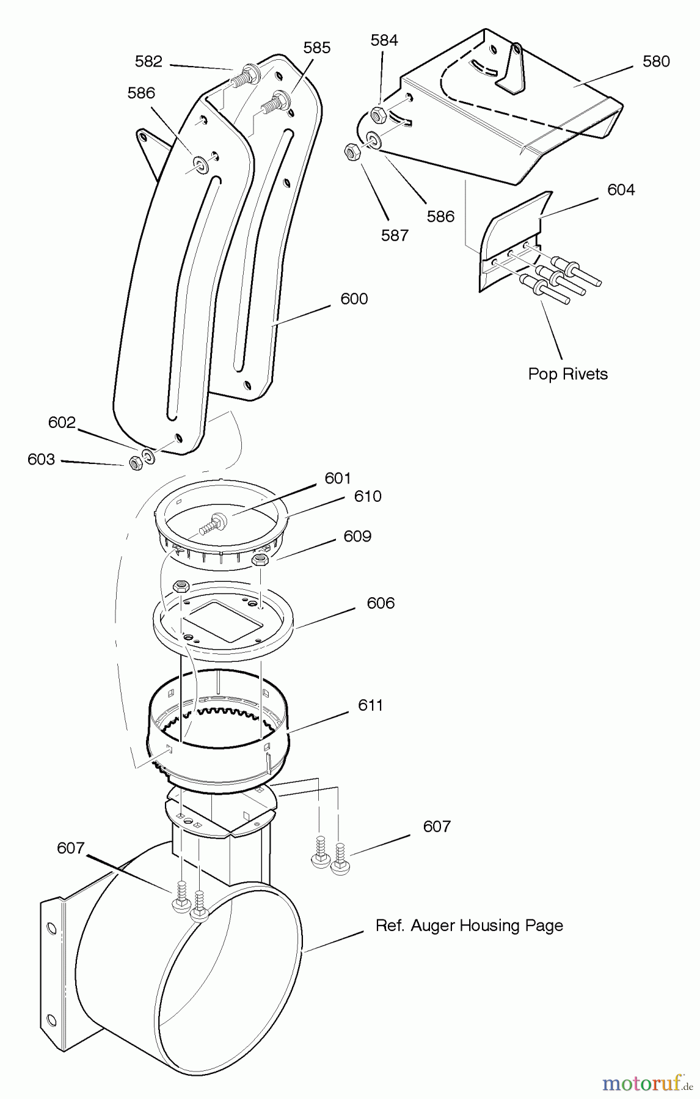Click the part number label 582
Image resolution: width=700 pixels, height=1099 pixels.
[148, 62]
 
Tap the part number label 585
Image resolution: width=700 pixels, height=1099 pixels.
[317, 48]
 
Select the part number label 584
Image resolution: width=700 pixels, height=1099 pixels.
[384, 40]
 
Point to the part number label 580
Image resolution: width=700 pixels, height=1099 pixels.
[656, 61]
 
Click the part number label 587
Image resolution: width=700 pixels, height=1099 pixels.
[395, 235]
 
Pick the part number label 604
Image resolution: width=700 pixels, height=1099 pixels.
[621, 190]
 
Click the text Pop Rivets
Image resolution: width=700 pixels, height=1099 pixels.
[568, 374]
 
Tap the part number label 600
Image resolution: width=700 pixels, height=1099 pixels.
[354, 299]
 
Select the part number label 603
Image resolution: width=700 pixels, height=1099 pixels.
[41, 460]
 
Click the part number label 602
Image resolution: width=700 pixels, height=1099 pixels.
[62, 423]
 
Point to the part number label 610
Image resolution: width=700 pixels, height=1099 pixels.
[368, 496]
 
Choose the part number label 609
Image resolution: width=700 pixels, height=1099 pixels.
[357, 536]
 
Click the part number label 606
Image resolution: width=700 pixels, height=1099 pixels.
[381, 603]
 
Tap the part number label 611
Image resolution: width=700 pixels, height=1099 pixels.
[370, 705]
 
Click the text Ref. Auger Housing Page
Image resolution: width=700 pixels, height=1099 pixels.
[469, 926]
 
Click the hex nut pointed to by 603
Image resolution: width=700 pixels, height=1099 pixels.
[136, 463]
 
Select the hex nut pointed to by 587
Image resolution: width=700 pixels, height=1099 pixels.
[352, 151]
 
